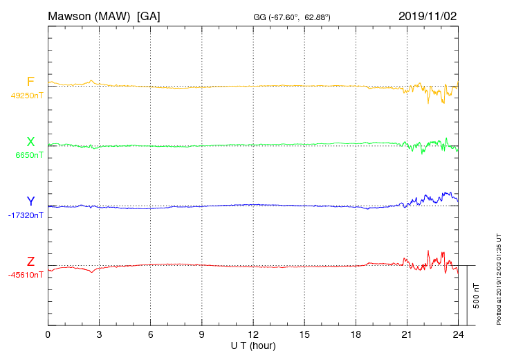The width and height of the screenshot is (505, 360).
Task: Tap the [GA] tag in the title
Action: click(x=149, y=15)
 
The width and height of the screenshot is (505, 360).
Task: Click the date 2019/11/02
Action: click(x=428, y=15)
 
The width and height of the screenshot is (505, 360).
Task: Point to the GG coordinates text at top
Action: click(x=292, y=17)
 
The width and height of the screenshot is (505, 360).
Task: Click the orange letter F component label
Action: click(x=30, y=82)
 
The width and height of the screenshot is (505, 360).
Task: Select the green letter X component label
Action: click(x=30, y=142)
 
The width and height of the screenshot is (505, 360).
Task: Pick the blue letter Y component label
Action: click(x=30, y=201)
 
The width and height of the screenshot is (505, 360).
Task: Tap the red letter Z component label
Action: click(x=30, y=262)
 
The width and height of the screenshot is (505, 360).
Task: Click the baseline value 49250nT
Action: click(x=27, y=96)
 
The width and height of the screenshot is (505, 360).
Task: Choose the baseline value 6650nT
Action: click(x=29, y=155)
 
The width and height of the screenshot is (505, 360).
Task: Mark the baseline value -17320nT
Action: click(x=26, y=215)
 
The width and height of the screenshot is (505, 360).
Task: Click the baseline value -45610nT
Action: click(x=26, y=275)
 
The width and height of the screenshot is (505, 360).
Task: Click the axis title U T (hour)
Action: click(x=253, y=345)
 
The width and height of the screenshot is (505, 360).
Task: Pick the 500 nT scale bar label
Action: click(x=477, y=296)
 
